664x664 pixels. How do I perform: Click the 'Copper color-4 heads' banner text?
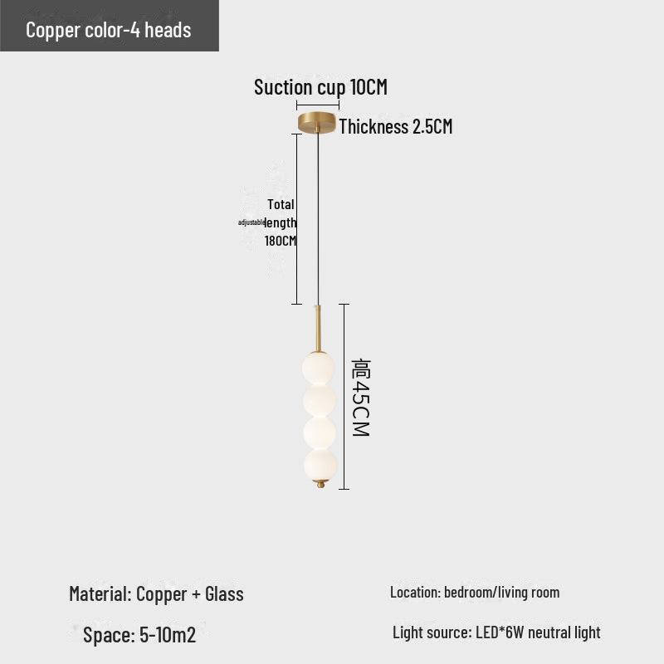[x=109, y=30]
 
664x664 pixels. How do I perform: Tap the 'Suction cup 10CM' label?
[x=320, y=87]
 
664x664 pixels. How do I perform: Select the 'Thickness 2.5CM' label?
[x=396, y=126]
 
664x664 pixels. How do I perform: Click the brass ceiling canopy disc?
[x=317, y=122]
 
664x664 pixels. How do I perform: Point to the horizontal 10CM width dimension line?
[x=318, y=105]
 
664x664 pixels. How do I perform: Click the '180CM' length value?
[x=281, y=241]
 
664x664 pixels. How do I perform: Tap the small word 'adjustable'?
[x=251, y=222]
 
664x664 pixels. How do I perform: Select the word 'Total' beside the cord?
[x=281, y=204]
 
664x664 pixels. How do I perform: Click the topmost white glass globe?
[x=319, y=368]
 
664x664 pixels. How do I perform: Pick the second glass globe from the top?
[x=320, y=400]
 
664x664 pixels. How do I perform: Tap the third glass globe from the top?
[x=320, y=432]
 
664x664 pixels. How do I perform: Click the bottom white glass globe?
[x=320, y=465]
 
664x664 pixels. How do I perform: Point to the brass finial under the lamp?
[x=321, y=484]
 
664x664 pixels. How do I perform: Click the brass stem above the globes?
[x=319, y=329]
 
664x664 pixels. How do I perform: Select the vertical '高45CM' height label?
[x=361, y=398]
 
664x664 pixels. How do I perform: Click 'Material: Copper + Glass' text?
[x=156, y=593]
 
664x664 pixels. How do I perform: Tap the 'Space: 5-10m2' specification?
[x=139, y=635]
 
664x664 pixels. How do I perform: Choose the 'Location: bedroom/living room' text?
[x=475, y=593]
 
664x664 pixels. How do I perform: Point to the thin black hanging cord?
[x=318, y=218]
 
